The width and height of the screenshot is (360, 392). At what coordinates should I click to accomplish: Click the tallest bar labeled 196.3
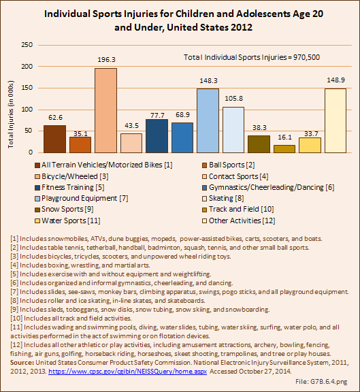tap(105, 110)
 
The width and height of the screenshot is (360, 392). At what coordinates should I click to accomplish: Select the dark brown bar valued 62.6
tap(54, 139)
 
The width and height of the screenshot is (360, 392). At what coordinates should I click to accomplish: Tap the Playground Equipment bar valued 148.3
tap(208, 120)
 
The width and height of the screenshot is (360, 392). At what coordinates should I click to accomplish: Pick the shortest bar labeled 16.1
tap(284, 149)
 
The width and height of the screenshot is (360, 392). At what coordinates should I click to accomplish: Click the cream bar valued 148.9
tap(336, 120)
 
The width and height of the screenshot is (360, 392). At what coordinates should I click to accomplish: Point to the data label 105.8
tap(233, 98)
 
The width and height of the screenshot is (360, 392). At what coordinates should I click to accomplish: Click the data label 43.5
tap(131, 125)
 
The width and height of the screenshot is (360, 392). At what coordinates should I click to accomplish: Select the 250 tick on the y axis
tap(27, 45)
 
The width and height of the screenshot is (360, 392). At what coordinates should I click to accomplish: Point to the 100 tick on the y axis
tap(27, 110)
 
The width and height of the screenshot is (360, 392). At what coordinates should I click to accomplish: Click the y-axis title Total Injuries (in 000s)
tap(10, 114)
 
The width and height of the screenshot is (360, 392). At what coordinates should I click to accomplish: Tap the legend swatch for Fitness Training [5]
tap(37, 188)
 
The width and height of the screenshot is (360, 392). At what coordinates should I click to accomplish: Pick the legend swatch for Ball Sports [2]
tap(205, 165)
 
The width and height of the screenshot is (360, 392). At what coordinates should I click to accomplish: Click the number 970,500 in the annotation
tap(306, 57)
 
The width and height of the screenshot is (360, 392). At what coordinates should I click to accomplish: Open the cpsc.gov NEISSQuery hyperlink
tap(127, 372)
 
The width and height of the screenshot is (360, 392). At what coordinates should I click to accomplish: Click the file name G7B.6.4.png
tap(329, 382)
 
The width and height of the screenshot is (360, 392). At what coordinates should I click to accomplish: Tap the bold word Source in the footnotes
tap(22, 363)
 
